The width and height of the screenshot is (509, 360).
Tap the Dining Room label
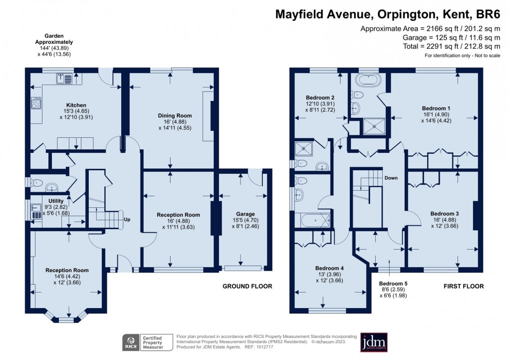point(172,116)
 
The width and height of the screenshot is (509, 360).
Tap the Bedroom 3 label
point(444,214)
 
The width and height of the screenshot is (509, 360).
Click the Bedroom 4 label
point(328,268)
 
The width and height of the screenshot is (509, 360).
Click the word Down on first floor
point(391,178)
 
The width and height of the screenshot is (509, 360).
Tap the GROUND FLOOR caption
point(247,287)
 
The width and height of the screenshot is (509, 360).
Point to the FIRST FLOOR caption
point(464,287)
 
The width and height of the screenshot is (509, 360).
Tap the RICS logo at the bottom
point(131,343)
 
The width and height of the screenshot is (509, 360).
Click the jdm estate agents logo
point(373,343)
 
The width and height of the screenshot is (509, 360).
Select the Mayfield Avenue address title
point(388,13)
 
